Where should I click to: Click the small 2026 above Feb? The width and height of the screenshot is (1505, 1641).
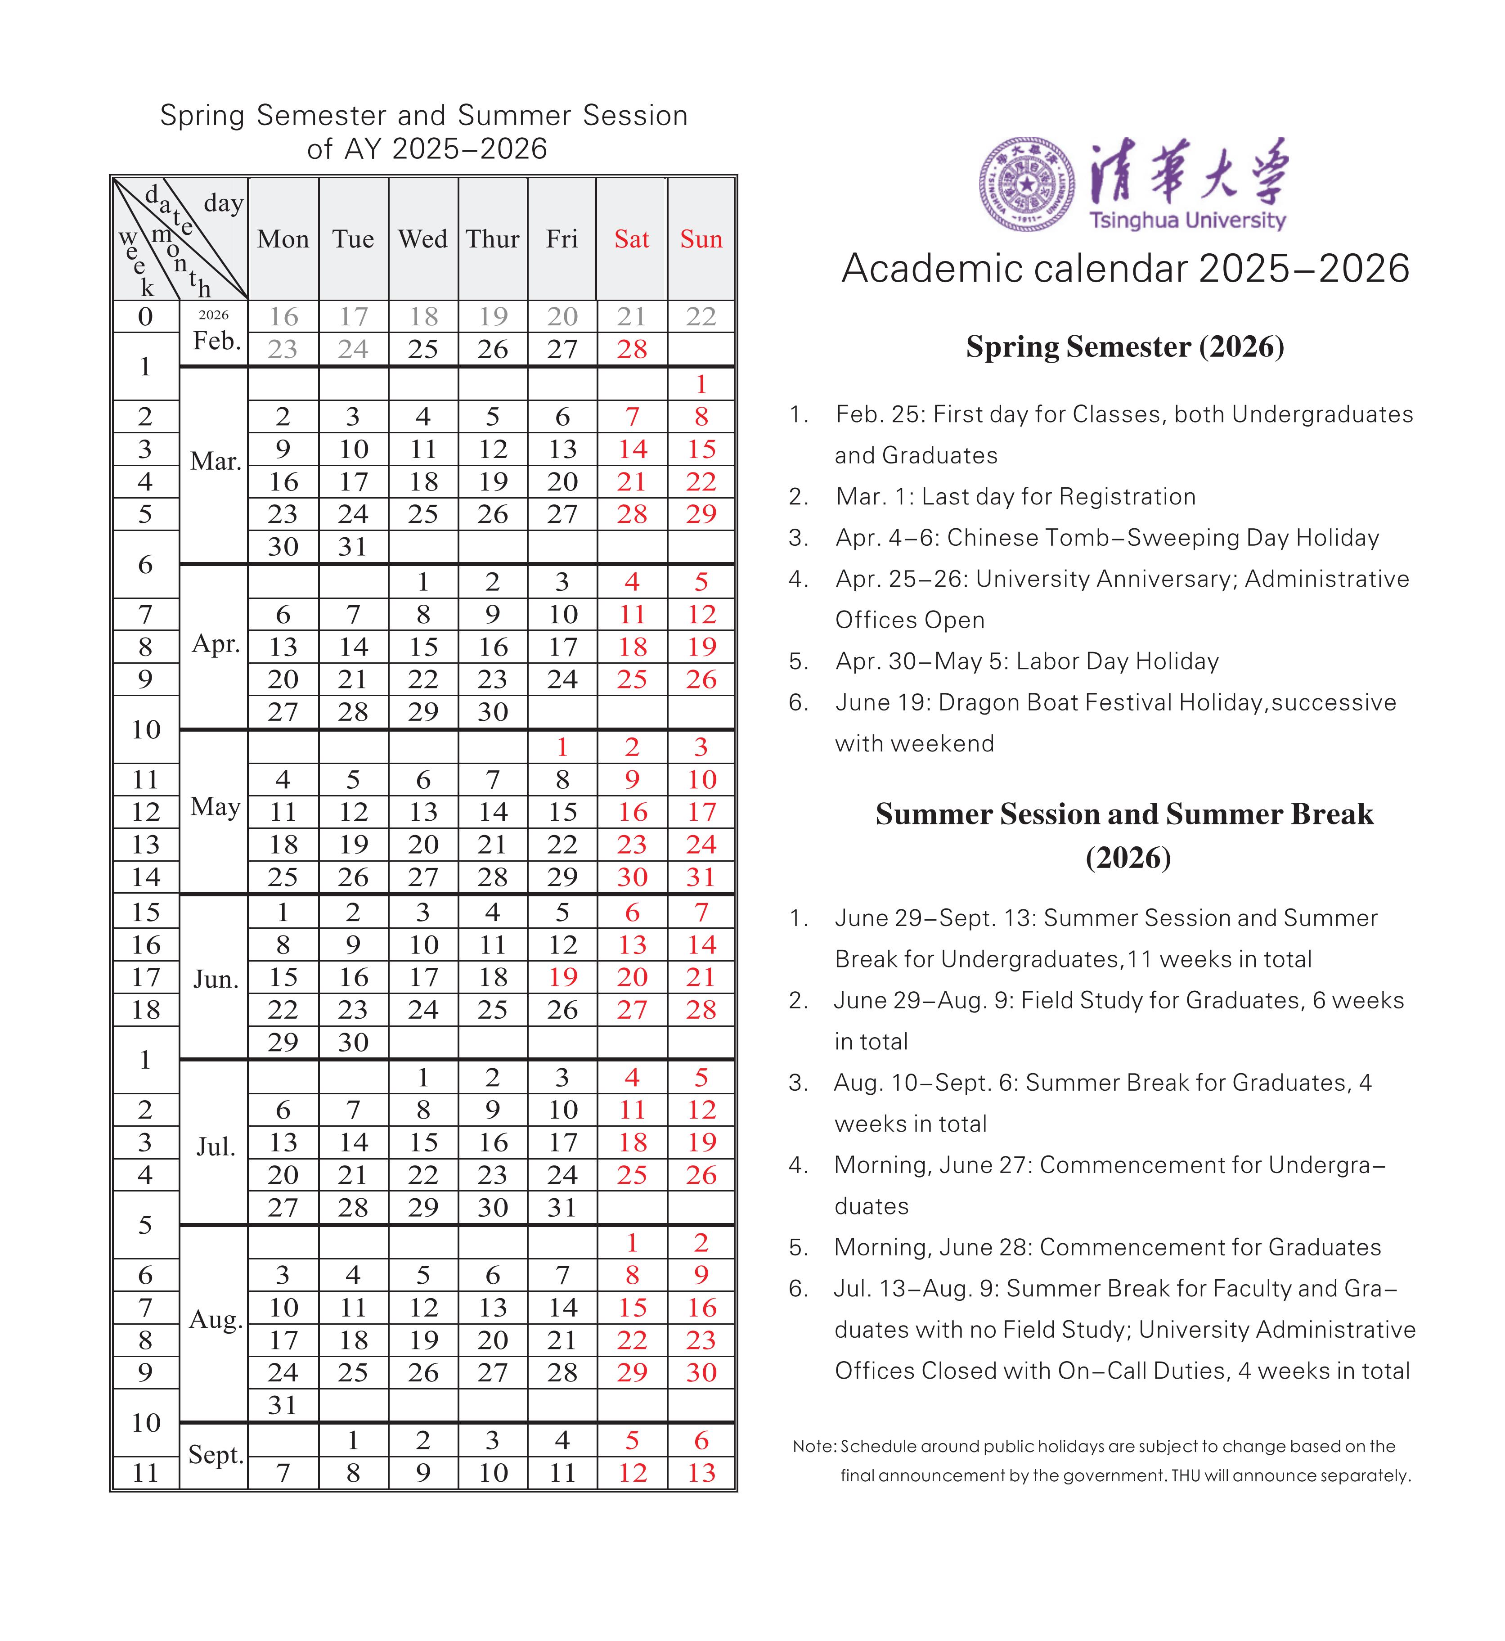click(x=213, y=315)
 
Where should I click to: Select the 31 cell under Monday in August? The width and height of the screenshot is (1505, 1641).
click(x=283, y=1405)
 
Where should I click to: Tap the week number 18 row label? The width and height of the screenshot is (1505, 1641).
click(x=146, y=1010)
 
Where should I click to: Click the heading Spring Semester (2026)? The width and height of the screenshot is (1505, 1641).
click(x=1125, y=347)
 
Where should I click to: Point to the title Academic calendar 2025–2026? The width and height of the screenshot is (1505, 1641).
click(x=1125, y=269)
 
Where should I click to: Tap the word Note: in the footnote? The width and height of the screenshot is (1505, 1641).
click(x=814, y=1446)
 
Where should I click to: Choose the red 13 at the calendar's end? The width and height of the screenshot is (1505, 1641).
click(x=701, y=1472)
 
